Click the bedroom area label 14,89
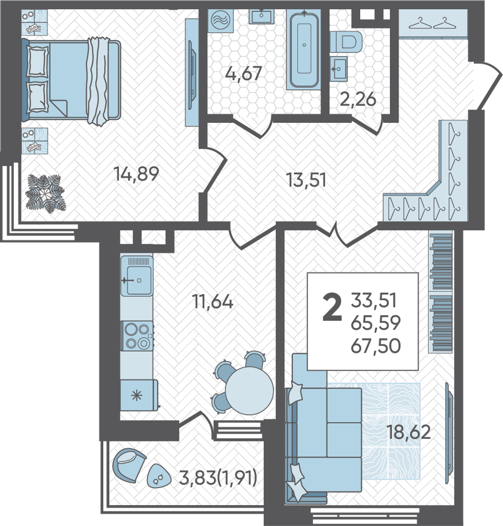tap(136, 174)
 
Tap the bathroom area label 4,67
tap(244, 73)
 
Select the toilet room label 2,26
tap(358, 99)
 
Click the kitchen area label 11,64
tap(213, 301)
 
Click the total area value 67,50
tap(376, 346)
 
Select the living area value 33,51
tap(374, 300)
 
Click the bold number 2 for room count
tap(332, 307)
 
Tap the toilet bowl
tap(346, 42)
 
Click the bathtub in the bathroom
tap(304, 50)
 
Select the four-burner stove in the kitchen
tap(137, 336)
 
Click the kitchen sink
tap(136, 276)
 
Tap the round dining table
tap(249, 391)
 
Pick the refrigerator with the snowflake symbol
tap(139, 395)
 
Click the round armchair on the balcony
tap(129, 465)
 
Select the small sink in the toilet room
tap(338, 69)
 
